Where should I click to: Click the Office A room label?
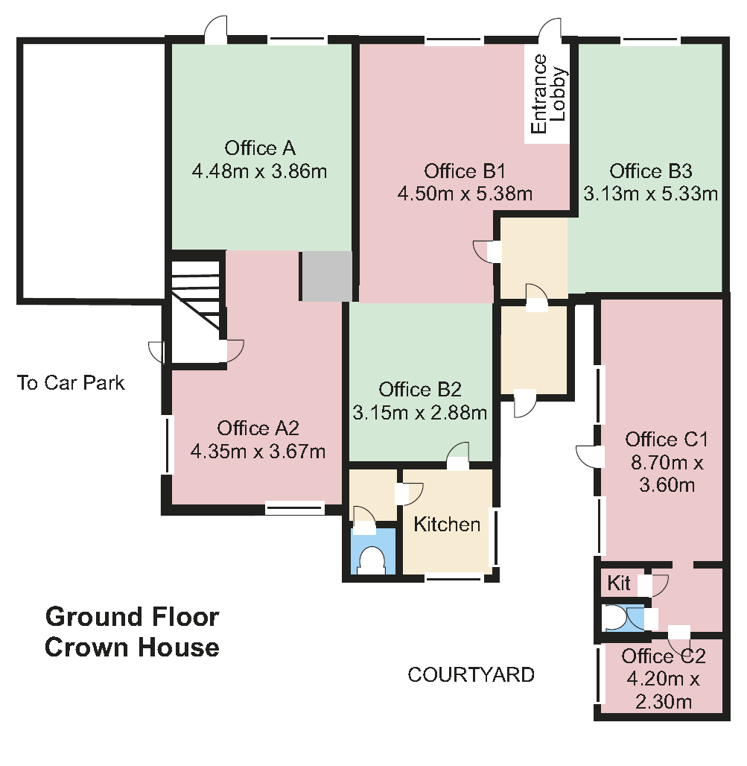260,148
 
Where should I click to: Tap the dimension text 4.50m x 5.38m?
464,194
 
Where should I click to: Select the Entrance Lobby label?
548,94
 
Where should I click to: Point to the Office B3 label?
650,171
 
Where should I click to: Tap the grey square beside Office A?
325,276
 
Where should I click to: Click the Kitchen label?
447,524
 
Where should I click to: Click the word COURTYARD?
471,674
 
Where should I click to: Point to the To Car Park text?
71,382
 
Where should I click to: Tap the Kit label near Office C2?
619,583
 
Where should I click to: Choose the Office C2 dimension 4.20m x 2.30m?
664,690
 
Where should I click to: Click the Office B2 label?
420,390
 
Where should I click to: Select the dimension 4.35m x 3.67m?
258,452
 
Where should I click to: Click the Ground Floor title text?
132,616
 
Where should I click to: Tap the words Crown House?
132,648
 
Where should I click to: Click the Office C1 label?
667,439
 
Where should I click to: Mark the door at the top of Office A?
215,30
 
